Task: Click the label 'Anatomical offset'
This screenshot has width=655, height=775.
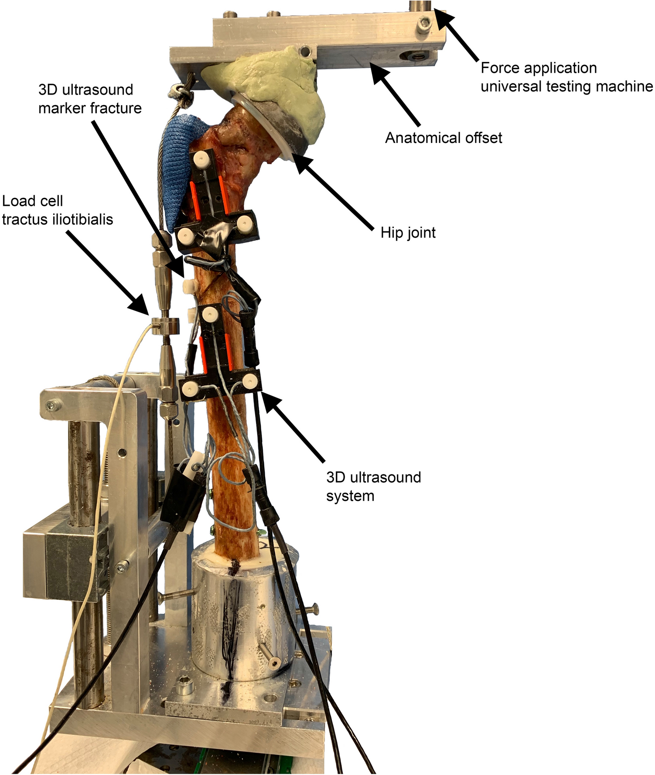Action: click(x=443, y=138)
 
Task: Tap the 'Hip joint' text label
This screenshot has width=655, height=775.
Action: click(x=408, y=233)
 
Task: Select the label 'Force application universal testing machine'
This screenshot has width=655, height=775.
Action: click(x=566, y=77)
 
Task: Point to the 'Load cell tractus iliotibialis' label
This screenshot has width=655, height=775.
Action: click(x=57, y=210)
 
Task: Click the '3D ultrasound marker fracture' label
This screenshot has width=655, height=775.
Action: click(x=90, y=99)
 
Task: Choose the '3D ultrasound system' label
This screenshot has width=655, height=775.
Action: click(x=373, y=486)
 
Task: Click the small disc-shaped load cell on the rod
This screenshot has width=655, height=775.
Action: click(x=165, y=325)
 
